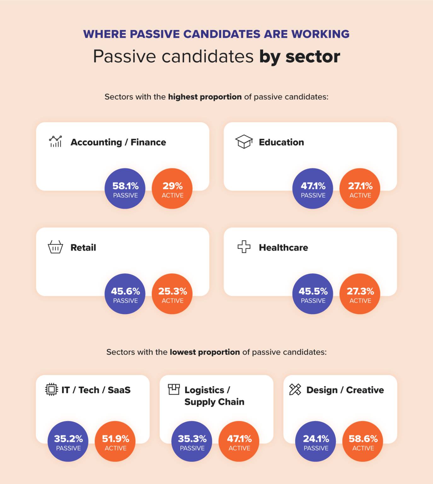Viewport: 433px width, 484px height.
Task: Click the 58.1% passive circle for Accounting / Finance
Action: [125, 188]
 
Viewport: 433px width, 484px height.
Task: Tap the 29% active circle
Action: [172, 188]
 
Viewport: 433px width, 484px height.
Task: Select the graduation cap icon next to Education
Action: [244, 141]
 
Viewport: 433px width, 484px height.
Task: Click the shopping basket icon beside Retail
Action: [55, 247]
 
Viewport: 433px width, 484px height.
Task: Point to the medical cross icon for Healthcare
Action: [244, 247]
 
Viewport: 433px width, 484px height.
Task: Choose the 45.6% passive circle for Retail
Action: [125, 294]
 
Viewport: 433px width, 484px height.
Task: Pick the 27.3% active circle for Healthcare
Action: [360, 294]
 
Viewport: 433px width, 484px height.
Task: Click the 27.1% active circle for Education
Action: [360, 188]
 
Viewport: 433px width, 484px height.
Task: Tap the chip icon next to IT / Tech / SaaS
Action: [52, 389]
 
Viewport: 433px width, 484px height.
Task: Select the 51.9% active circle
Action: [115, 441]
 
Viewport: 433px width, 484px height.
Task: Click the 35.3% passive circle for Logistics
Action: [192, 441]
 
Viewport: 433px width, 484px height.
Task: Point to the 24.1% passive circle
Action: [316, 441]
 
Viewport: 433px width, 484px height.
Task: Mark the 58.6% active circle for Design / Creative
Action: [363, 441]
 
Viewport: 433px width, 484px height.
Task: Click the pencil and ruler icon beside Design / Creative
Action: [295, 389]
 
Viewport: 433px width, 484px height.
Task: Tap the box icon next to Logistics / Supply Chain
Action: [174, 389]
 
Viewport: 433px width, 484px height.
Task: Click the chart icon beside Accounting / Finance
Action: [55, 141]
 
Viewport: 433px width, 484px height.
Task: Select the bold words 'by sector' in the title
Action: [300, 57]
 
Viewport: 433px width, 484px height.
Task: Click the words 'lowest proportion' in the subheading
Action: [205, 352]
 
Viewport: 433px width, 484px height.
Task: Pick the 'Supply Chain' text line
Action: [214, 402]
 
